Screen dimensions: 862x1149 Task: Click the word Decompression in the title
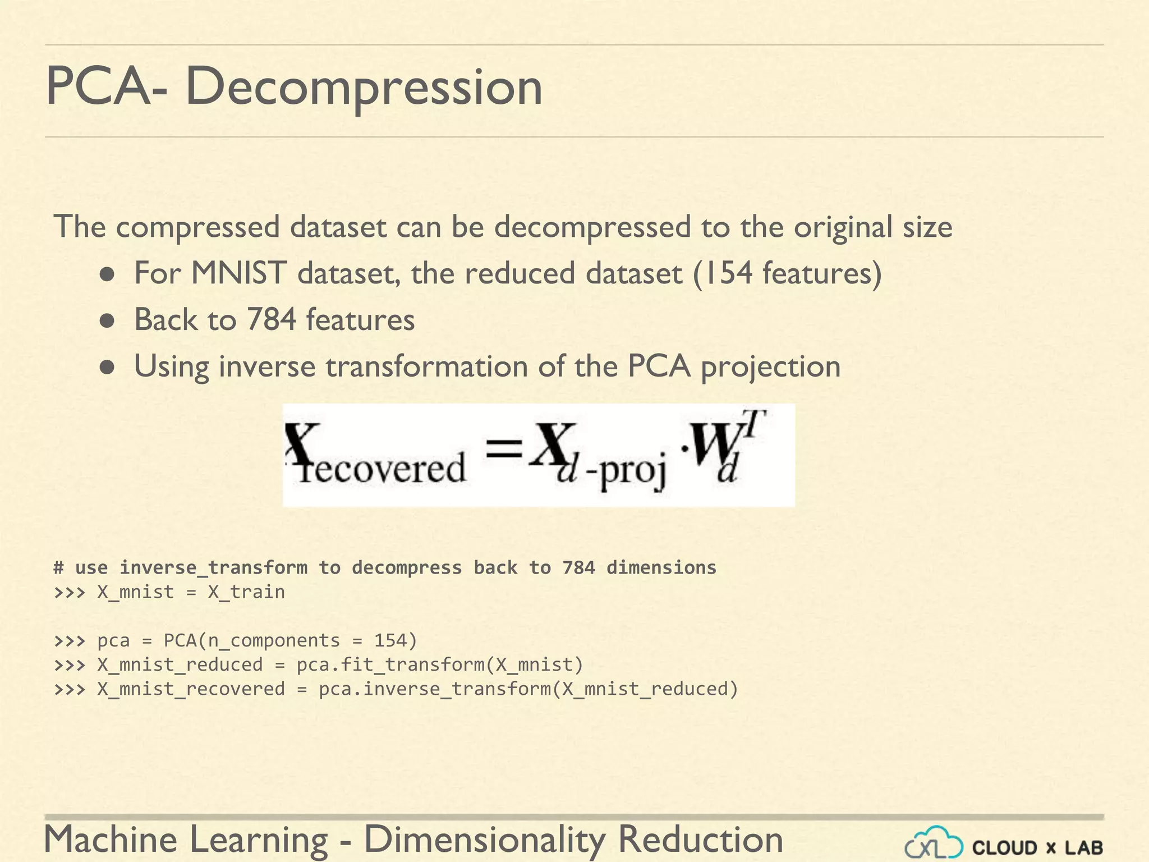click(364, 87)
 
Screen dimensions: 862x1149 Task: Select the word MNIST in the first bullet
click(238, 273)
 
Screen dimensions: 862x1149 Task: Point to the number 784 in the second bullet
click(271, 320)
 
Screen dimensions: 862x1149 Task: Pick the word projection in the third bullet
click(770, 368)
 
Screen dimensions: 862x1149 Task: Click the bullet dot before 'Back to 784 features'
click(107, 321)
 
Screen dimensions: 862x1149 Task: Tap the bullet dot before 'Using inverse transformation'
click(107, 368)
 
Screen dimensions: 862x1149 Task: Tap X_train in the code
click(246, 592)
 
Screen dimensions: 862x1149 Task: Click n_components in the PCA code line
click(274, 640)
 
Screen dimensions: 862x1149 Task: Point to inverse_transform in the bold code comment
click(213, 568)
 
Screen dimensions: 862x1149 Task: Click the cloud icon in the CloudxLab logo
click(934, 843)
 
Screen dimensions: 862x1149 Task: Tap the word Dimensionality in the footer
click(485, 840)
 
